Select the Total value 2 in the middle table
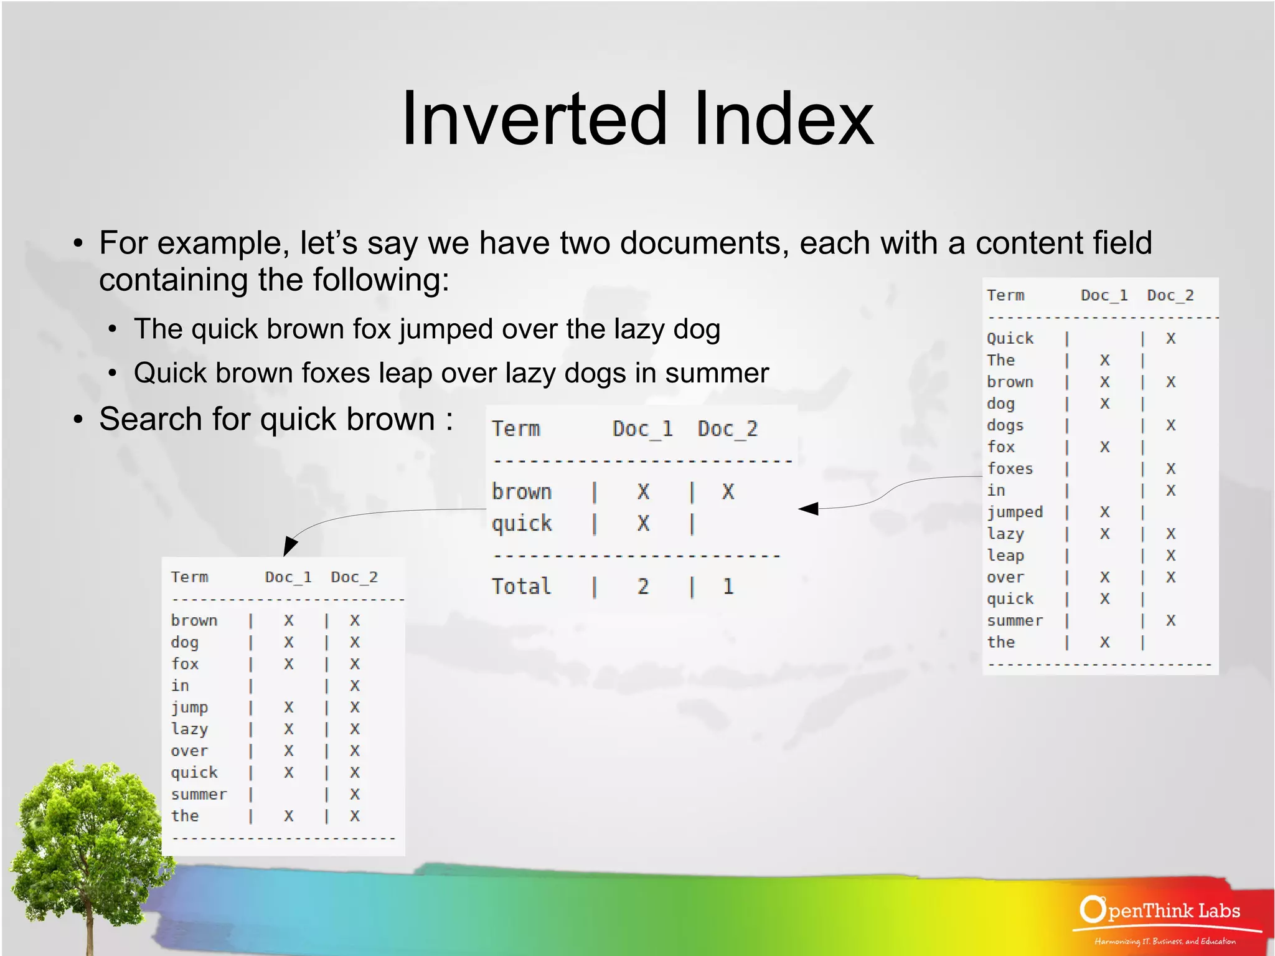coord(643,587)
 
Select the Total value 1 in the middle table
coord(728,587)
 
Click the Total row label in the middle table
coord(521,587)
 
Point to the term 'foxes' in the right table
coord(1009,468)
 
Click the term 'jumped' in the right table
coord(1014,512)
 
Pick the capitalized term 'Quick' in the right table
coord(1009,338)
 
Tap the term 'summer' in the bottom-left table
coord(199,794)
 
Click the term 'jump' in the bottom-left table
coord(189,708)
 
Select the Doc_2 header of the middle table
coord(727,428)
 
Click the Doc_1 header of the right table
coord(1104,295)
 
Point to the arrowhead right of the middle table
coord(809,509)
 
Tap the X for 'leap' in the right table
coord(1170,555)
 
